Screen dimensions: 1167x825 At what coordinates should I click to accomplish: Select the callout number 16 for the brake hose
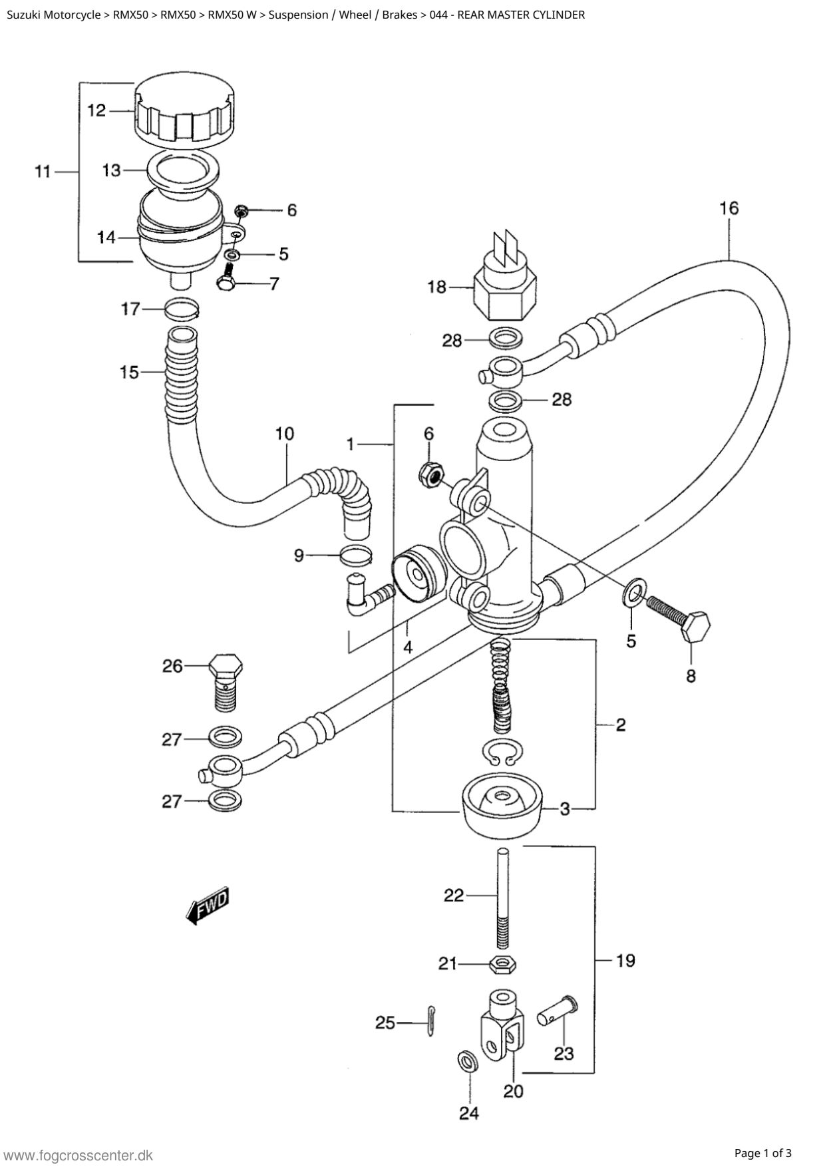click(x=729, y=208)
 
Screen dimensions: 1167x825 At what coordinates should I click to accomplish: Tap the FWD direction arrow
click(x=209, y=905)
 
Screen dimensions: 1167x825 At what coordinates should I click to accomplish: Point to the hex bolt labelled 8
click(x=685, y=615)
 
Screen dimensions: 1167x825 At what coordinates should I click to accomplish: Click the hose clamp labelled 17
click(x=181, y=309)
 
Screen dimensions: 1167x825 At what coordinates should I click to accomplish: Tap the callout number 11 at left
click(x=43, y=172)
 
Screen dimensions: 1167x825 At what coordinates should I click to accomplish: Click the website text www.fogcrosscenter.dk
click(x=77, y=1155)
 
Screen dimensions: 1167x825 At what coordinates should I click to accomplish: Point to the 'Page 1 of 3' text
click(x=763, y=1153)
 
